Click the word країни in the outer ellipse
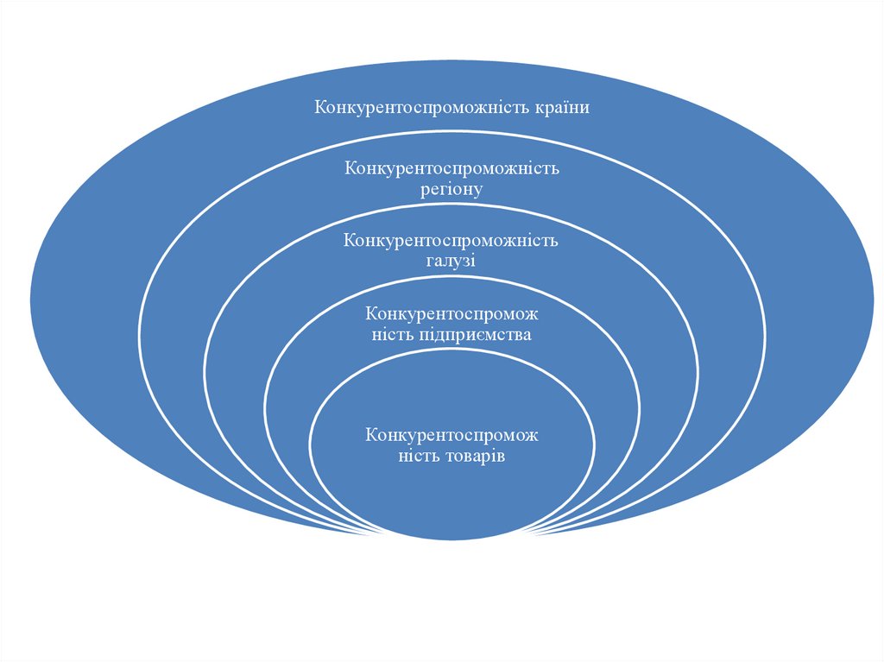[564, 108]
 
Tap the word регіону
[451, 188]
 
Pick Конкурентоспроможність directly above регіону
[451, 167]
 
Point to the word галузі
[451, 261]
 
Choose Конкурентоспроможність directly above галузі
[451, 240]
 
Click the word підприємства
[483, 334]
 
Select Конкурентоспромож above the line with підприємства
[451, 312]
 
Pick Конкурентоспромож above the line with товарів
[451, 434]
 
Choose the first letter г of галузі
[431, 261]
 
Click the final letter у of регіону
[478, 189]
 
